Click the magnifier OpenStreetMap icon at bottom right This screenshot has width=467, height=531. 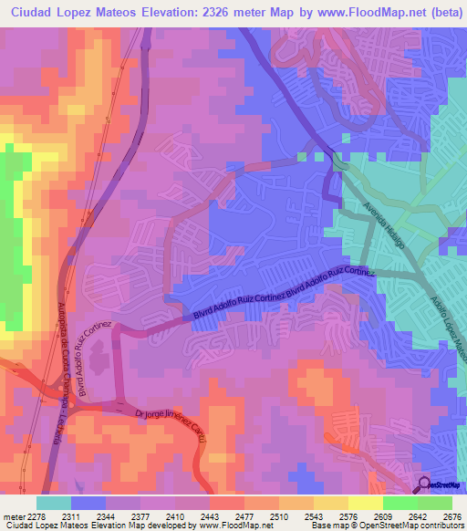(425, 484)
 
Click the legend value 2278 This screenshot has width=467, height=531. (36, 516)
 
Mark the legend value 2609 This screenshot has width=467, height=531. (382, 516)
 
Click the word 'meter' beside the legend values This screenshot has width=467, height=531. (12, 516)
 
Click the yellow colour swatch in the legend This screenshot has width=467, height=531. (365, 503)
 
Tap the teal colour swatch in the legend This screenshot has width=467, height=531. (54, 503)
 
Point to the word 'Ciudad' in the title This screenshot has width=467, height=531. (31, 13)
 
